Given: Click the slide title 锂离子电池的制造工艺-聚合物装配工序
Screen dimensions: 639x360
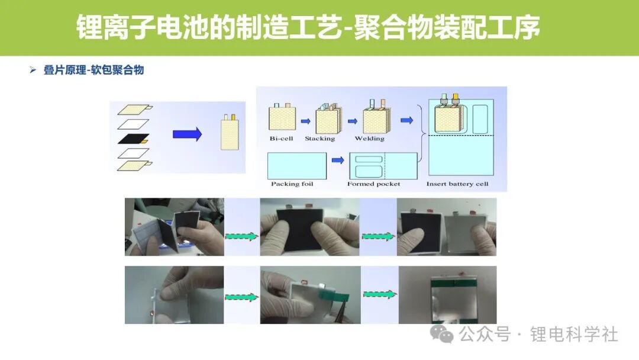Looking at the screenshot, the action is pyautogui.click(x=308, y=27).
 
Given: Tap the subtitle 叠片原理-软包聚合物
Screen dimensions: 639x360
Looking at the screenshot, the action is pyautogui.click(x=93, y=70).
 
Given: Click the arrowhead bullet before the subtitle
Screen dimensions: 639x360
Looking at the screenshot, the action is pyautogui.click(x=33, y=70).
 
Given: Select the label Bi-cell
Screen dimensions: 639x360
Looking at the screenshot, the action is pyautogui.click(x=281, y=138).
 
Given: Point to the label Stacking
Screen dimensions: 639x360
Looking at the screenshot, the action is pyautogui.click(x=320, y=139).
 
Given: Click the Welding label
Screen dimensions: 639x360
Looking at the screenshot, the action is pyautogui.click(x=370, y=139).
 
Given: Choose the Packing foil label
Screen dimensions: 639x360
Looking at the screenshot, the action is pyautogui.click(x=292, y=184).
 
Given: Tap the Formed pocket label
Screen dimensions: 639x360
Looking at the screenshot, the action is pyautogui.click(x=374, y=184).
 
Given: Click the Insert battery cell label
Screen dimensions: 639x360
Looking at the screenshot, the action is pyautogui.click(x=457, y=184).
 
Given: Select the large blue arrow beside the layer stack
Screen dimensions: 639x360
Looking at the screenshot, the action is pyautogui.click(x=187, y=134).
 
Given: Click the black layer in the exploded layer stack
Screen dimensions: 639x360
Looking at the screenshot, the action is pyautogui.click(x=133, y=139).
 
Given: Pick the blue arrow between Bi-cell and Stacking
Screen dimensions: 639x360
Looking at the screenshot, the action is pyautogui.click(x=306, y=121).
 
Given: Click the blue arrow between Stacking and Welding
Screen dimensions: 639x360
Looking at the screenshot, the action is pyautogui.click(x=353, y=121).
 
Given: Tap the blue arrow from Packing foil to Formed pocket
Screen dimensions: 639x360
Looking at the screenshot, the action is pyautogui.click(x=338, y=160).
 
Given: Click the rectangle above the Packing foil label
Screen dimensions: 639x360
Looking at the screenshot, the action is pyautogui.click(x=297, y=166).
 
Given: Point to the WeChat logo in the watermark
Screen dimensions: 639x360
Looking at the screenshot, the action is pyautogui.click(x=442, y=335).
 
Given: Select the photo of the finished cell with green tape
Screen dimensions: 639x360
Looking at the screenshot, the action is pyautogui.click(x=447, y=295).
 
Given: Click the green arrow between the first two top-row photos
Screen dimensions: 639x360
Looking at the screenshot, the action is pyautogui.click(x=242, y=236).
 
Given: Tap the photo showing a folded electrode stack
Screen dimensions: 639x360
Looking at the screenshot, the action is pyautogui.click(x=175, y=227).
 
